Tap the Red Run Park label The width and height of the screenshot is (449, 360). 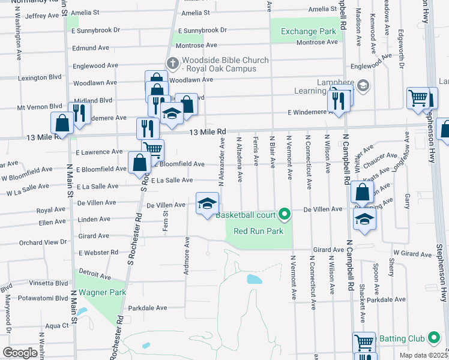click(x=258, y=230)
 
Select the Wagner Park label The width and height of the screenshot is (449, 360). click(x=101, y=292)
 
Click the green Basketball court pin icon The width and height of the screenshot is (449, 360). click(x=285, y=214)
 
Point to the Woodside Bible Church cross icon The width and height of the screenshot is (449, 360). click(x=172, y=62)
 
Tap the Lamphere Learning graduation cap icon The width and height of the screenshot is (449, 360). click(x=362, y=86)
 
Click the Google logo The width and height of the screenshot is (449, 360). click(x=20, y=353)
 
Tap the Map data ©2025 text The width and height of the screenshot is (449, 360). click(x=423, y=355)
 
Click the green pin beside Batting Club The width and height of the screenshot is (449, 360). click(x=433, y=338)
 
